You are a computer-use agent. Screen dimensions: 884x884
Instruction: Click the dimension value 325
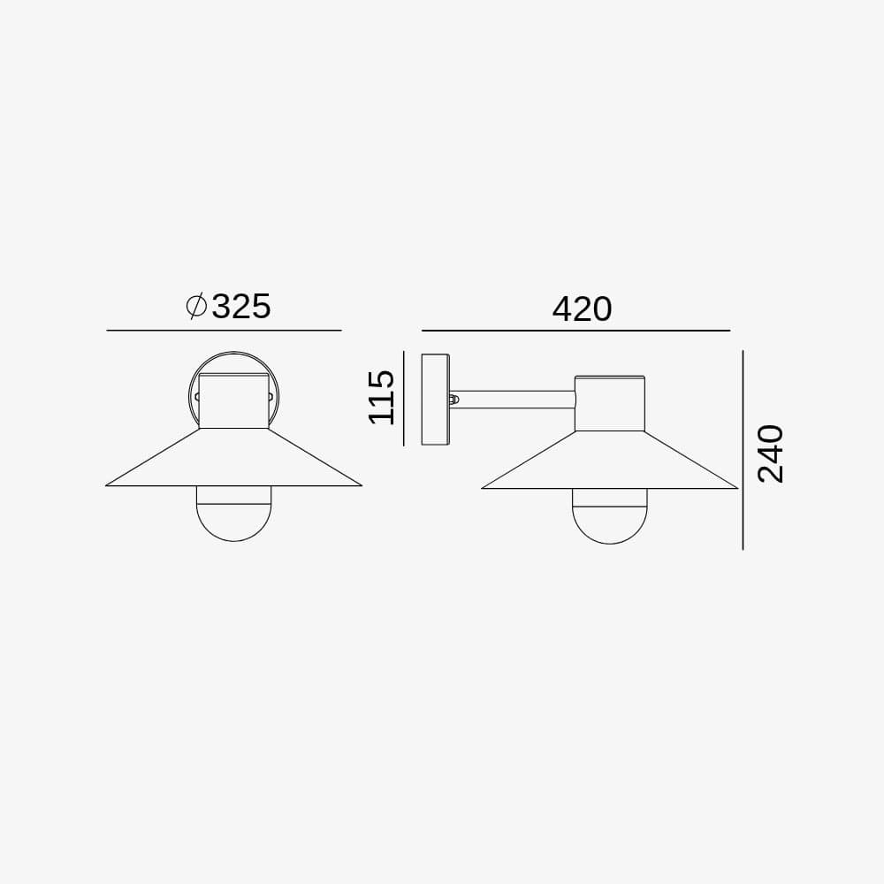(x=241, y=306)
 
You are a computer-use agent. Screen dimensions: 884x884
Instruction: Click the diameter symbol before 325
(x=196, y=306)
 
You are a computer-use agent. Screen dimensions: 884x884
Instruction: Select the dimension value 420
(x=582, y=309)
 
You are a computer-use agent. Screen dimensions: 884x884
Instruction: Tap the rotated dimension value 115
(x=381, y=398)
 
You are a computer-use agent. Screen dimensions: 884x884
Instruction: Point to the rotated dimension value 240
(x=771, y=453)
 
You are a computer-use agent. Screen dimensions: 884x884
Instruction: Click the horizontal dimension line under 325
(x=224, y=330)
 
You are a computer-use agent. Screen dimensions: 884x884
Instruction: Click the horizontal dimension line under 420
(x=575, y=330)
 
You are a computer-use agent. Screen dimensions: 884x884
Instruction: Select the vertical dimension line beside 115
(x=404, y=398)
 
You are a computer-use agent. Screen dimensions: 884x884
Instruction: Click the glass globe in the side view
(x=610, y=517)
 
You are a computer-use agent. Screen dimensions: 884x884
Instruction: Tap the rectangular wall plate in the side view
(x=436, y=400)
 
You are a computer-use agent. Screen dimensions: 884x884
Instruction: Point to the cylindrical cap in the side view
(x=610, y=403)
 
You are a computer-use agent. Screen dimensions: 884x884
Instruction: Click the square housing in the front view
(x=233, y=401)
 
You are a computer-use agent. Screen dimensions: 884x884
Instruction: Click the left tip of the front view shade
(x=107, y=484)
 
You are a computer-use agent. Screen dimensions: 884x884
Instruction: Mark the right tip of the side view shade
(x=736, y=487)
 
